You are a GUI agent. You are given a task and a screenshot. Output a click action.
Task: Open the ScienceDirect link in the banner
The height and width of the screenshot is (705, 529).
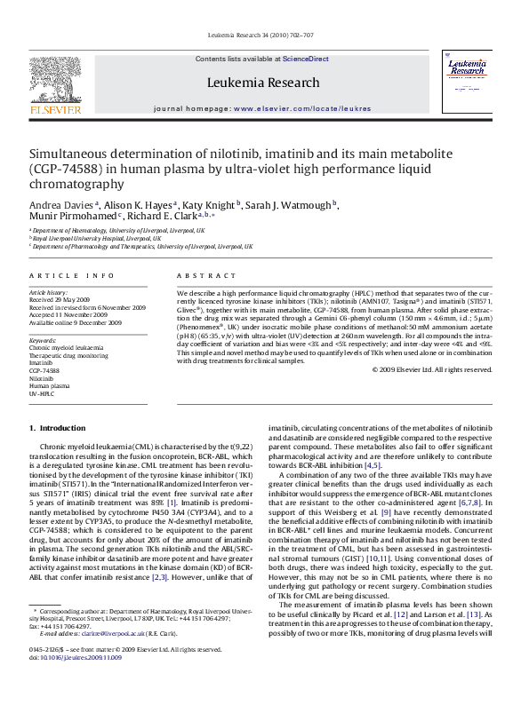[x=305, y=59]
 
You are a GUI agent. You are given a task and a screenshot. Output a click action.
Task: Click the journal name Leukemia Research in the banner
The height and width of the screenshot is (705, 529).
[x=262, y=83]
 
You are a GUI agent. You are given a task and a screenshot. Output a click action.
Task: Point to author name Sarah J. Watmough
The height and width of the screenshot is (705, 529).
[x=295, y=204]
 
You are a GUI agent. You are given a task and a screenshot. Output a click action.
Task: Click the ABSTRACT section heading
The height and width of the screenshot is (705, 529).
[x=206, y=275]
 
